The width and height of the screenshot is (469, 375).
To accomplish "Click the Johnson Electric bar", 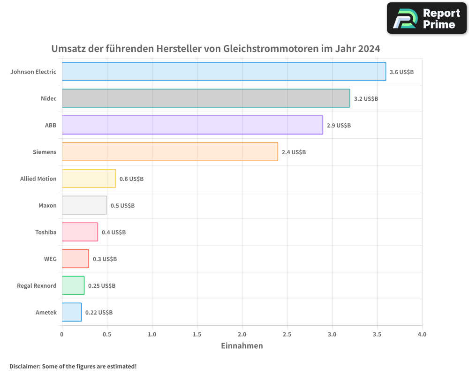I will [x=224, y=72].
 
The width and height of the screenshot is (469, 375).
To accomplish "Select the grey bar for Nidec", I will [x=206, y=98].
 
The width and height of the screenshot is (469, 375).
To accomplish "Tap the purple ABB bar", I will [x=192, y=125].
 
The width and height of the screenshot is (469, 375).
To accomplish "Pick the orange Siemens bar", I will [x=170, y=152].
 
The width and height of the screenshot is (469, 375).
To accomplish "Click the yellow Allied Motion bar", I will [x=89, y=179].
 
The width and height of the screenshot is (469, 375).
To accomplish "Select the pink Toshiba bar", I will [x=80, y=232].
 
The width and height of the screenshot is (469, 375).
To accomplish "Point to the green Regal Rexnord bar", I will [x=73, y=285].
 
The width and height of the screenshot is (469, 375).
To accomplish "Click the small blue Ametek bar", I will [x=72, y=312].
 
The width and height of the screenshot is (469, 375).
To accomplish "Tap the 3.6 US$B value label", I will [x=401, y=72].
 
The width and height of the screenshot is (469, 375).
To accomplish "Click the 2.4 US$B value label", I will [x=294, y=152].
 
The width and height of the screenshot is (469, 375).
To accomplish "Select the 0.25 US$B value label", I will [x=102, y=286].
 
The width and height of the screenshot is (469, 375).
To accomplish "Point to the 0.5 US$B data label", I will [x=122, y=206].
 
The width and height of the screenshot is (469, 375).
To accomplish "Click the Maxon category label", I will [x=47, y=205].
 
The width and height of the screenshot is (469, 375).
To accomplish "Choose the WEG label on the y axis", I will [x=50, y=259].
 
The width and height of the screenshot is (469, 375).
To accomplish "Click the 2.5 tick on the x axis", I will [x=287, y=335].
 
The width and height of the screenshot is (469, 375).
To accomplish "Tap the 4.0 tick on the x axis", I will [x=422, y=335].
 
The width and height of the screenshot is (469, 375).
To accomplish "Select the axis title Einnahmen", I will [x=242, y=346].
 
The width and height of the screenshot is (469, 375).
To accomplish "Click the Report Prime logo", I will [x=427, y=18].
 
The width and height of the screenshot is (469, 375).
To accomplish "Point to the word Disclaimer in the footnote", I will [x=24, y=366].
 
